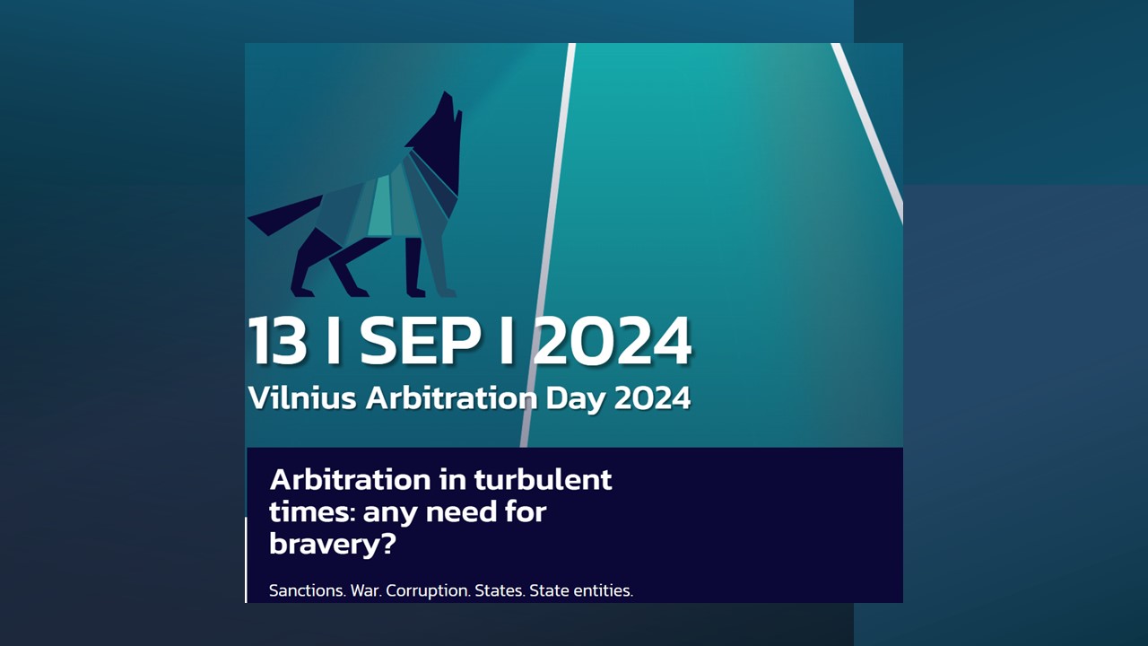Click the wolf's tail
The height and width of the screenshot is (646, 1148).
285,215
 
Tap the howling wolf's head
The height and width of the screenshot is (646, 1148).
440,128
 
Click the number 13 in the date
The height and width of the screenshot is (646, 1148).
277,340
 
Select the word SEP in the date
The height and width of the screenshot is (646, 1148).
421,340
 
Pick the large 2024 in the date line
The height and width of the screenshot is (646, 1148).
612,340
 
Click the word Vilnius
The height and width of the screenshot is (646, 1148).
302,397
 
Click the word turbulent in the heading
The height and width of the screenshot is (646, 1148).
543,480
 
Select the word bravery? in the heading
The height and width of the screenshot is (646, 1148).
333,545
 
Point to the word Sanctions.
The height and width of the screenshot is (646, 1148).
307,590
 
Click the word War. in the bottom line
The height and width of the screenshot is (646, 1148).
366,590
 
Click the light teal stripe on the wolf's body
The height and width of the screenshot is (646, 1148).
381,206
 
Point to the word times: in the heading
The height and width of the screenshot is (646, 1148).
313,512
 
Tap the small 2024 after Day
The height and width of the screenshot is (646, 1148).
652,397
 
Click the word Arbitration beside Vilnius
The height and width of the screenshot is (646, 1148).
451,397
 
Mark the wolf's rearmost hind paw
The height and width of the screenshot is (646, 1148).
302,292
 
